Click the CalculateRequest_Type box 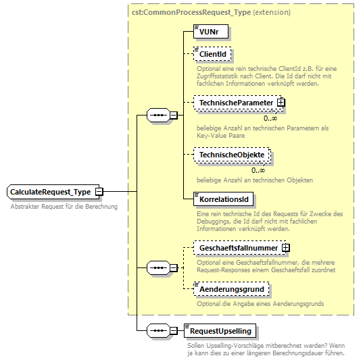51,192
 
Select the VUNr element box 210,32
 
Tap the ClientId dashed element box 212,53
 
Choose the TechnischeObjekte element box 231,155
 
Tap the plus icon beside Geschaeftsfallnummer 285,248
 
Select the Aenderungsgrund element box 231,288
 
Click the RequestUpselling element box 221,330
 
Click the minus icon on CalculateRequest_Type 99,192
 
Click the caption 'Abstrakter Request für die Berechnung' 64,206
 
